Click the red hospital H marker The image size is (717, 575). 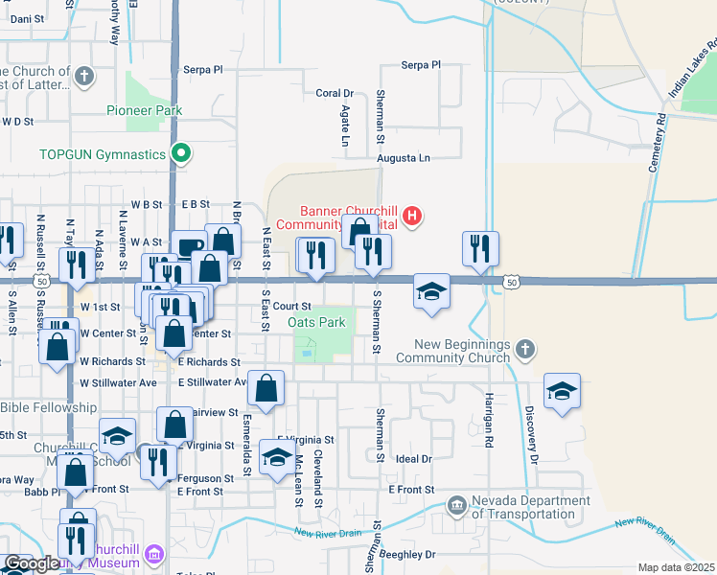412,216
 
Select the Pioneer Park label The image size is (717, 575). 144,111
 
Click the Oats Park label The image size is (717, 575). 317,323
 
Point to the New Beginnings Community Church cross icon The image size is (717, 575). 523,350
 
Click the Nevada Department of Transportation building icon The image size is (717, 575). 456,504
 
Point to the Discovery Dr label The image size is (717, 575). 529,425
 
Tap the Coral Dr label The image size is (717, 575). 335,94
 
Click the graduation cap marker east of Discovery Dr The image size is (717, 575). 562,391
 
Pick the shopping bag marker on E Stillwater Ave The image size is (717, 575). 266,388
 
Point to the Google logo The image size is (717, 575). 32,564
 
